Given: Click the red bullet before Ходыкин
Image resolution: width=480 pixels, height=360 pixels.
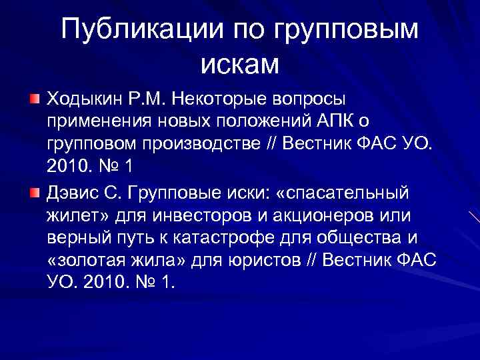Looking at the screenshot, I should pos(34,99).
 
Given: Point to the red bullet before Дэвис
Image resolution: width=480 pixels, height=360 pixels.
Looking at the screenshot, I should pos(34,193).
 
